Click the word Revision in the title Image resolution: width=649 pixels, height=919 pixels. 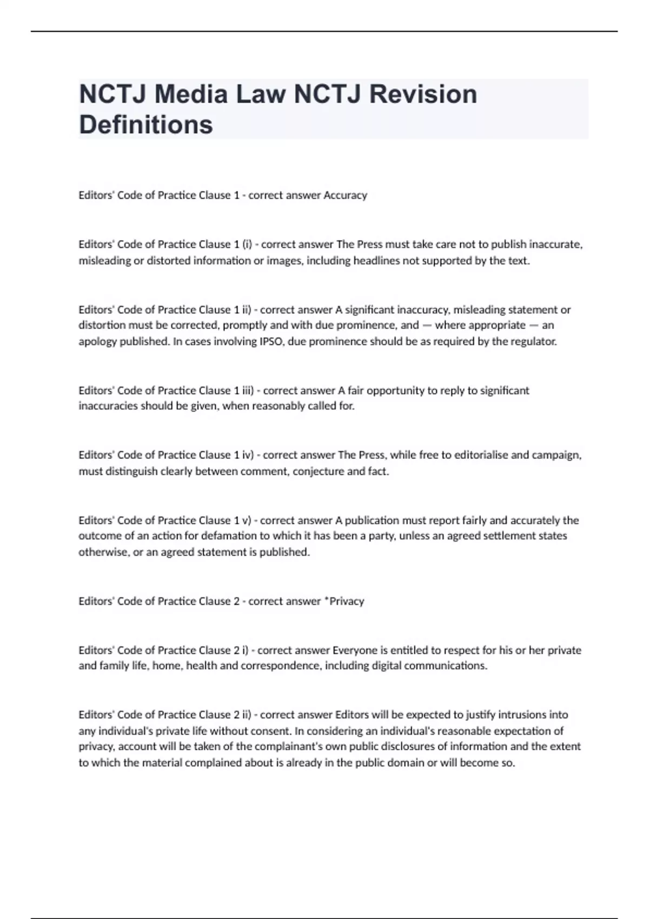(x=423, y=94)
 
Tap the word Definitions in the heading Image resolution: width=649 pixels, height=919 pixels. (x=146, y=124)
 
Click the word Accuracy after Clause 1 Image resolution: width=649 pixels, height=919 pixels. (x=345, y=195)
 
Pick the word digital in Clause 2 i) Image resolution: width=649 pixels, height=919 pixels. (x=386, y=665)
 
